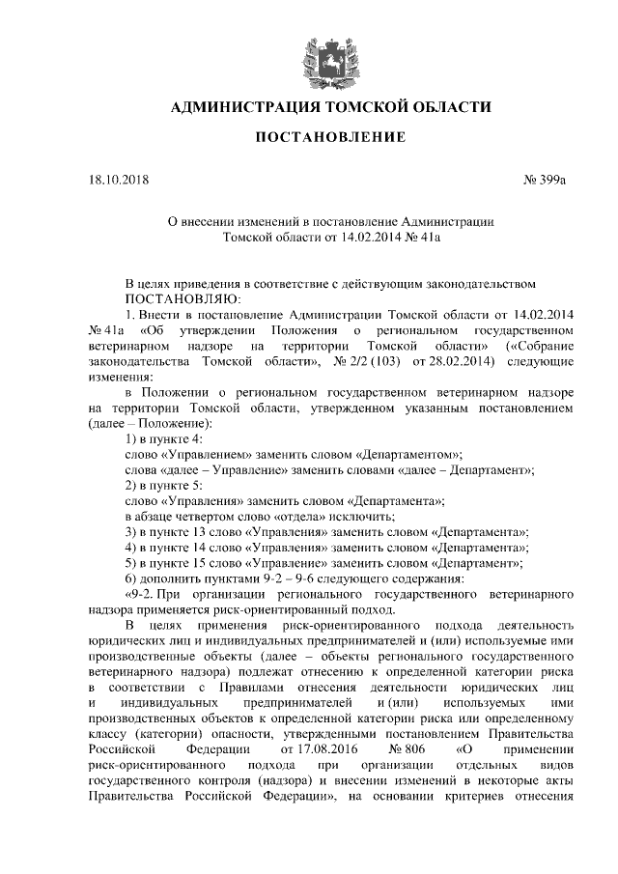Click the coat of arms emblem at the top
[x=318, y=55]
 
